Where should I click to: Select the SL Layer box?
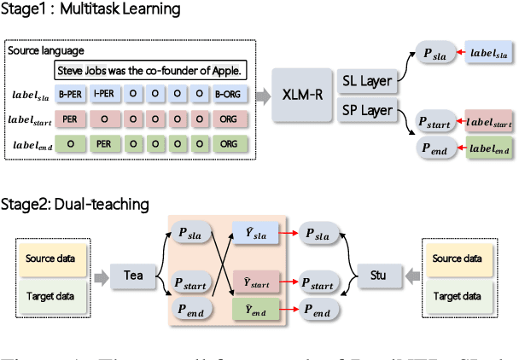click(365, 81)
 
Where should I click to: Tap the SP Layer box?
click(365, 110)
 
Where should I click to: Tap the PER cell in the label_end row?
click(102, 144)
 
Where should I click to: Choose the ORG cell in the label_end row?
click(229, 144)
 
